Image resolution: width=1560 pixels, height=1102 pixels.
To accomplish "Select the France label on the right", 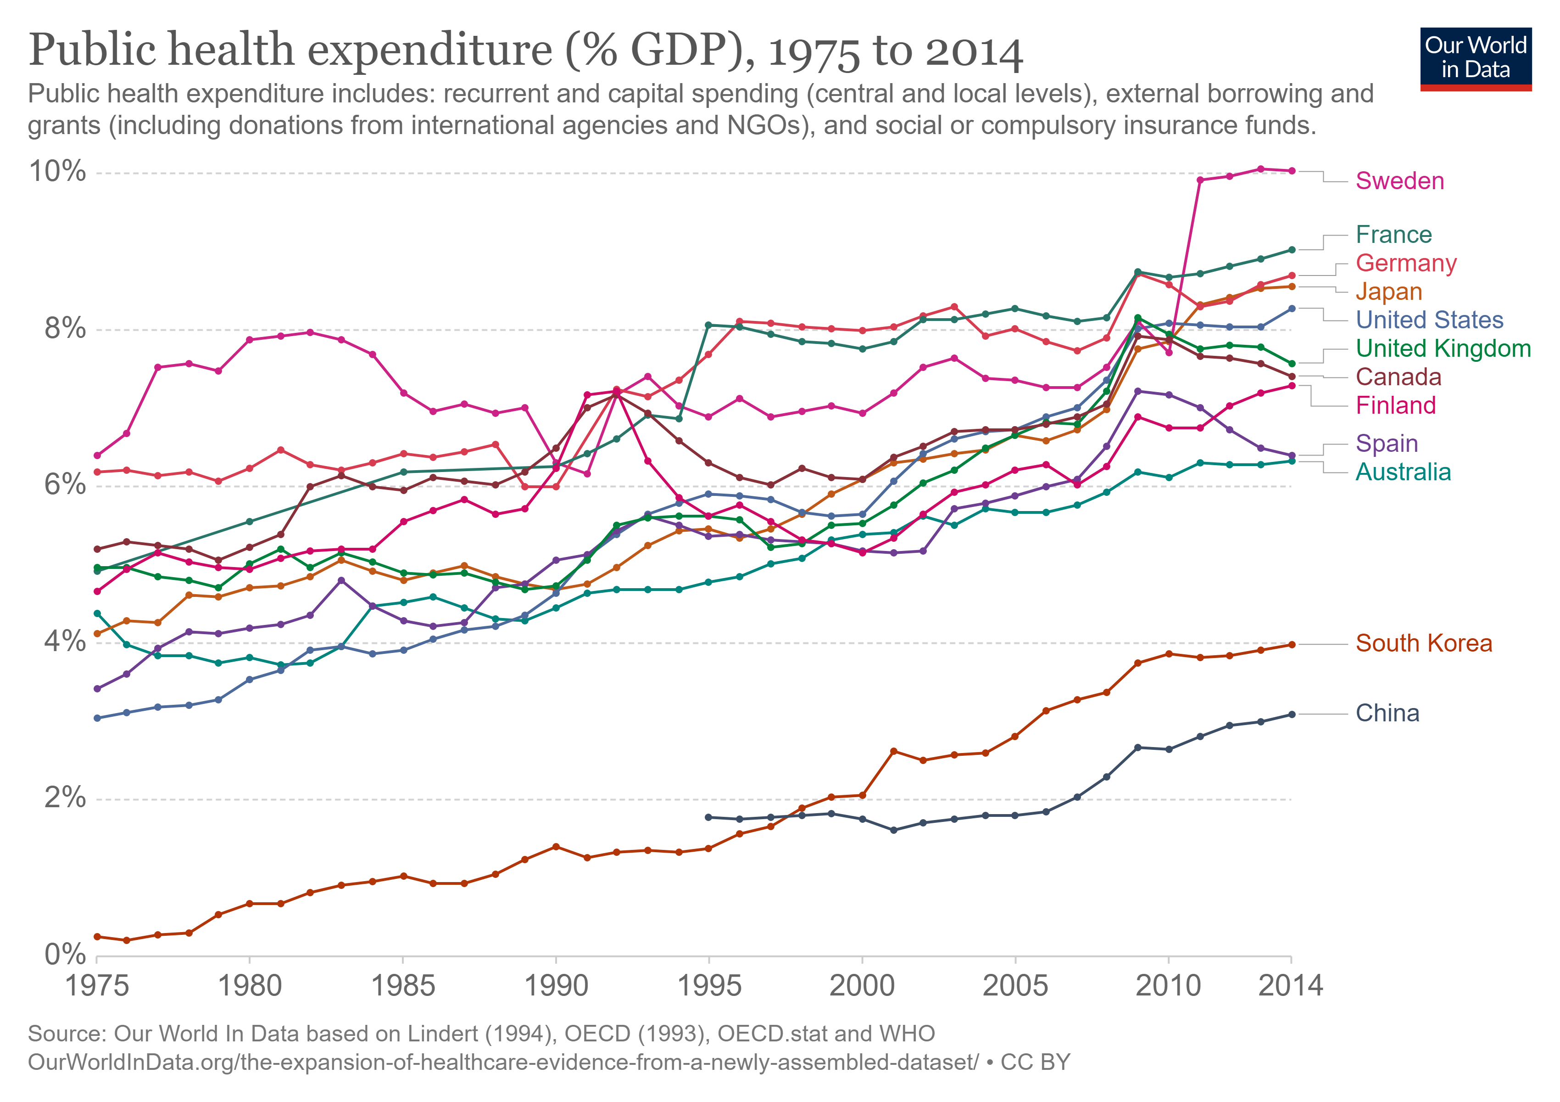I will point(1393,235).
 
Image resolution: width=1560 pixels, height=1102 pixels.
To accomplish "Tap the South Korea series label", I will point(1423,643).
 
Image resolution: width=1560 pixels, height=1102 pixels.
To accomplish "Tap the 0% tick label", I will point(65,955).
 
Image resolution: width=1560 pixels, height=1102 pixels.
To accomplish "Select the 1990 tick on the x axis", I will point(556,985).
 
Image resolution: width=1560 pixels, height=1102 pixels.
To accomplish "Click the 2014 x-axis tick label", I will point(1290,985).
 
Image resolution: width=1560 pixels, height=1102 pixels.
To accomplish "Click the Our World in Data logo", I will point(1475,58).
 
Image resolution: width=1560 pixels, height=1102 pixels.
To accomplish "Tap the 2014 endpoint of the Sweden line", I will point(1292,171).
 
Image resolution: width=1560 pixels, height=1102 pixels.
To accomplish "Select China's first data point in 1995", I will point(709,817).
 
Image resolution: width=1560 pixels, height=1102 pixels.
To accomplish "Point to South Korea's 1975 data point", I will point(97,937).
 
